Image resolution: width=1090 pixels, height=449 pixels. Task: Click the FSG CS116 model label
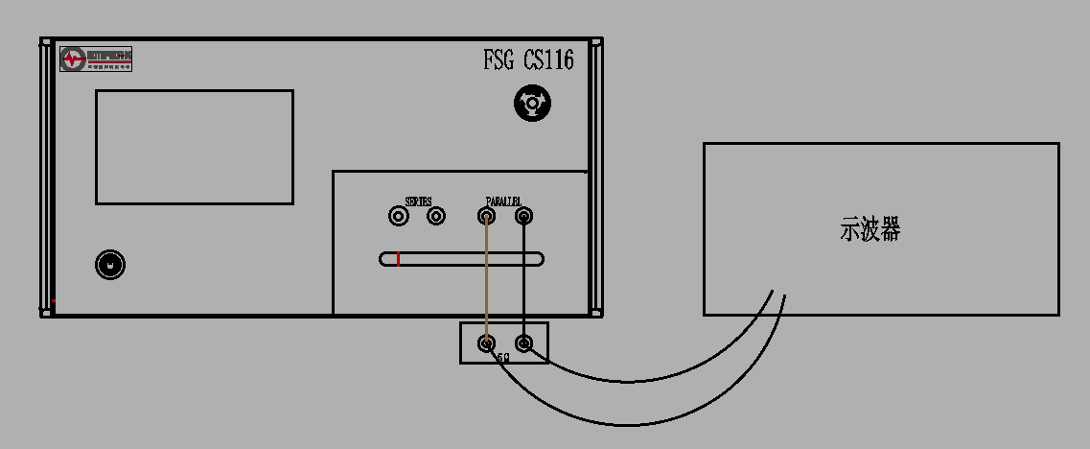[528, 60]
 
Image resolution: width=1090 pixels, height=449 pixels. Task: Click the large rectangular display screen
[194, 147]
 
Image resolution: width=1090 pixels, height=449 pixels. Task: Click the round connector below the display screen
[111, 265]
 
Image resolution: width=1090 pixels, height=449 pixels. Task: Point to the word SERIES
[418, 202]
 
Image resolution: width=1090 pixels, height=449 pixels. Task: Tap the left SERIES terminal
[399, 217]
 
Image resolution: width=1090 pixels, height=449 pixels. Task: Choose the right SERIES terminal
[436, 217]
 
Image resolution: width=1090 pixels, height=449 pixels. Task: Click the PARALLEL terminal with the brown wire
[487, 217]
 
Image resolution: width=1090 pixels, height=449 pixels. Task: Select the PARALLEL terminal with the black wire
[523, 217]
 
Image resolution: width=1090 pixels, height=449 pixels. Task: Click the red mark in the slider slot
[398, 258]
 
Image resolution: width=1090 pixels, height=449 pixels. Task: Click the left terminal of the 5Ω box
[487, 343]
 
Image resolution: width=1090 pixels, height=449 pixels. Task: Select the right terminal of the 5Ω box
[523, 343]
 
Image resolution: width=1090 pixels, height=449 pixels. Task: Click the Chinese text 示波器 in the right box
[870, 230]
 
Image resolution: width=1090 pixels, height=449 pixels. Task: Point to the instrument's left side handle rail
[44, 177]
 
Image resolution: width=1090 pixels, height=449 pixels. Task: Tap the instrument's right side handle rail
[596, 177]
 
